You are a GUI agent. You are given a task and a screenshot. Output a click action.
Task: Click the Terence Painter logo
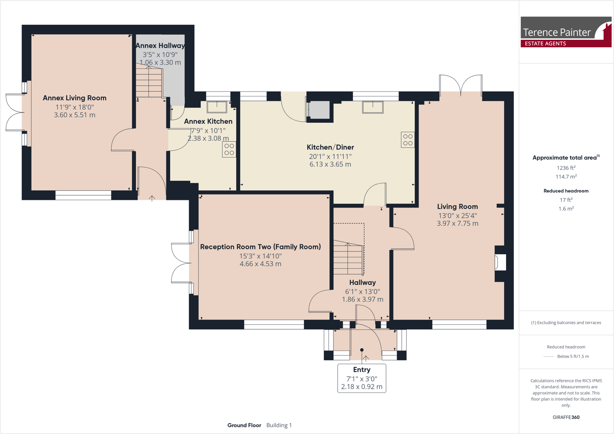(566, 32)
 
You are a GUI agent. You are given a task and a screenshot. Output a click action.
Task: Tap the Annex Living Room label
(75, 98)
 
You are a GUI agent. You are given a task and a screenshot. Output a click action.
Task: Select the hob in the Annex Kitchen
(229, 150)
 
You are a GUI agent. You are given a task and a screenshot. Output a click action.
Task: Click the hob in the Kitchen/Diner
(408, 140)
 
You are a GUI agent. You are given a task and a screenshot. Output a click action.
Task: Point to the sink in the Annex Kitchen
(217, 107)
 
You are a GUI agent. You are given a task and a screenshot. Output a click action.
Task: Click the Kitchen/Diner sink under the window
(373, 107)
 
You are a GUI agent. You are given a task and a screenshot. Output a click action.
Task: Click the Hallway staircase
(348, 258)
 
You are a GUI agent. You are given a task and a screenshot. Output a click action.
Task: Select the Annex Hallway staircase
(149, 82)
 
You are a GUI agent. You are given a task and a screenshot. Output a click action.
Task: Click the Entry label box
(361, 379)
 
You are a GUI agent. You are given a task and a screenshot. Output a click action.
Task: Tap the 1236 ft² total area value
(566, 168)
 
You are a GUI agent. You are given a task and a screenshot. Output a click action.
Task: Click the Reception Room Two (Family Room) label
(260, 247)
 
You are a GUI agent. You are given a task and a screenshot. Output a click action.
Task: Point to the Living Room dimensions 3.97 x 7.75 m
(458, 224)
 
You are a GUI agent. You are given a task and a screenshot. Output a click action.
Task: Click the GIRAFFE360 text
(566, 417)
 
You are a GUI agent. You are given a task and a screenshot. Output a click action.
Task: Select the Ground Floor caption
(244, 425)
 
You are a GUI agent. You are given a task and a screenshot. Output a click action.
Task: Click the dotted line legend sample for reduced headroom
(548, 356)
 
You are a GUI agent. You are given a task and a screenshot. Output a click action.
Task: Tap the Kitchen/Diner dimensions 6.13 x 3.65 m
(330, 164)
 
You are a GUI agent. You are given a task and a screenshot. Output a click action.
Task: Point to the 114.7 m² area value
(566, 177)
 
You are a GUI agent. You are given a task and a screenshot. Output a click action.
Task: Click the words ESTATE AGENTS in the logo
(545, 43)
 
